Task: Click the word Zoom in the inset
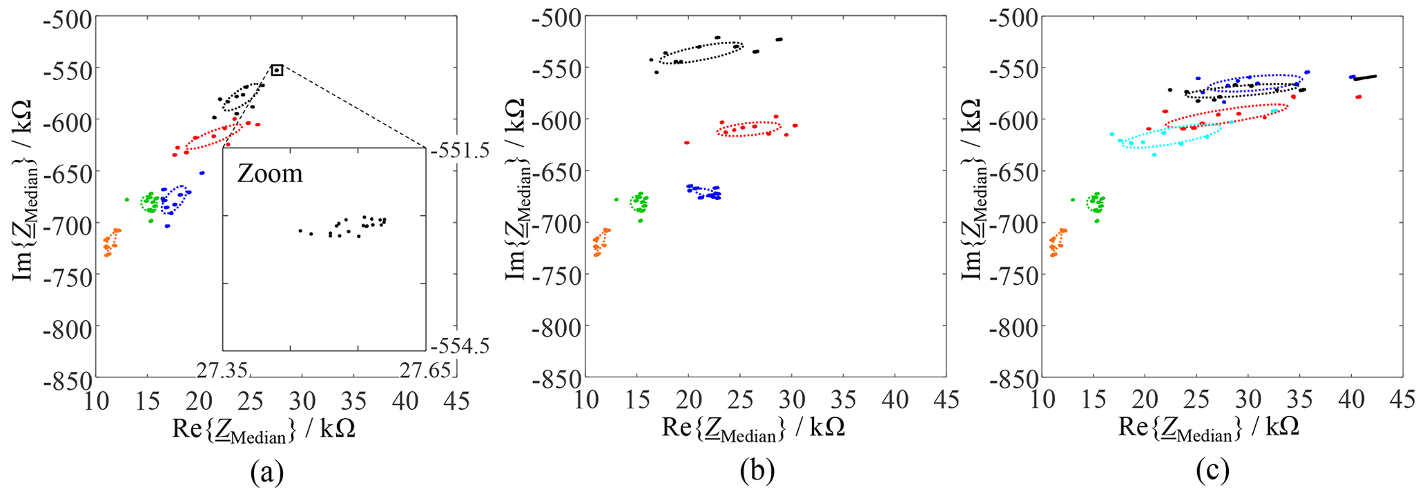pos(270,173)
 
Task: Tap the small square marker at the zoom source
pos(277,70)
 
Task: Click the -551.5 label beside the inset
pos(460,150)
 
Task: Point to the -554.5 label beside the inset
pos(460,345)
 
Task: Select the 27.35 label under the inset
pos(221,370)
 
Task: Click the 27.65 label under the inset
pos(425,370)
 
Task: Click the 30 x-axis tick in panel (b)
pos(791,399)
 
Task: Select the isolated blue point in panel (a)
pos(202,173)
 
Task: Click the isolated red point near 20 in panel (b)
pos(686,143)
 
